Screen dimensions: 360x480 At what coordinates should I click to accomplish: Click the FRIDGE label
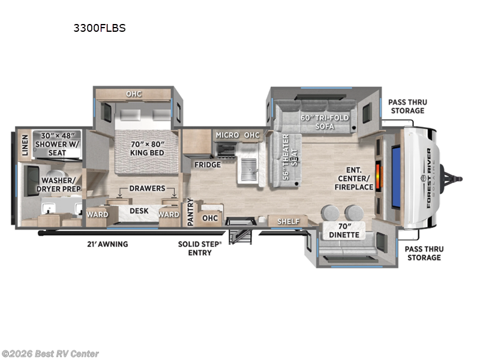click(206, 164)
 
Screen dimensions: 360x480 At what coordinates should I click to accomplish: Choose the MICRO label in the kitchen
click(227, 135)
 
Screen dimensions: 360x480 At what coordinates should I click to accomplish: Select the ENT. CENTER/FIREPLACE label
click(355, 178)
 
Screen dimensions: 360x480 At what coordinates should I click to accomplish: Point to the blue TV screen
click(397, 177)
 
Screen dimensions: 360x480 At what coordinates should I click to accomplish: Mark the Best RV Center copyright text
click(50, 354)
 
